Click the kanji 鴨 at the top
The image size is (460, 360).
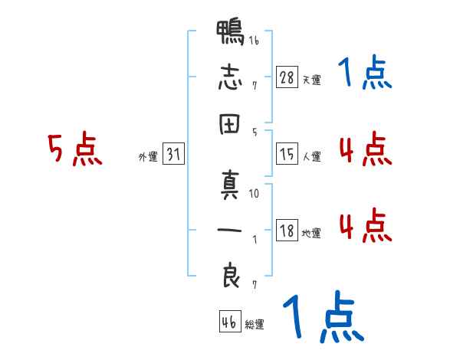(230, 32)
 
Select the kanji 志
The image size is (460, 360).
(230, 77)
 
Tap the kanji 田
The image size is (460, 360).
(230, 124)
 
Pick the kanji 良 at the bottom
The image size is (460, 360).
(231, 275)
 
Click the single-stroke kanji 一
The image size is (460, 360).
(230, 230)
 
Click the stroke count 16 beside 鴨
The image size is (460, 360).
(254, 40)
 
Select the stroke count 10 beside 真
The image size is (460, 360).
(254, 193)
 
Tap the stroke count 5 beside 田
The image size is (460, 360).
(255, 133)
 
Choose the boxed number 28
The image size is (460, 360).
(287, 77)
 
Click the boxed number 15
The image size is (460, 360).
(287, 153)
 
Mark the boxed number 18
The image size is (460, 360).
(287, 230)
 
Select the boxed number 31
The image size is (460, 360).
(173, 153)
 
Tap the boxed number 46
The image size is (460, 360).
(230, 321)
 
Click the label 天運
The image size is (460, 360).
(312, 80)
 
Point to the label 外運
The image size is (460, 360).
(148, 156)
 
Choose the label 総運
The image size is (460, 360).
(255, 325)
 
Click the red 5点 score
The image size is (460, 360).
(75, 149)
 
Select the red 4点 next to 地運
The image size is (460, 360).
(366, 225)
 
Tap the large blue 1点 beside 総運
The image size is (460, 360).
(324, 316)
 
